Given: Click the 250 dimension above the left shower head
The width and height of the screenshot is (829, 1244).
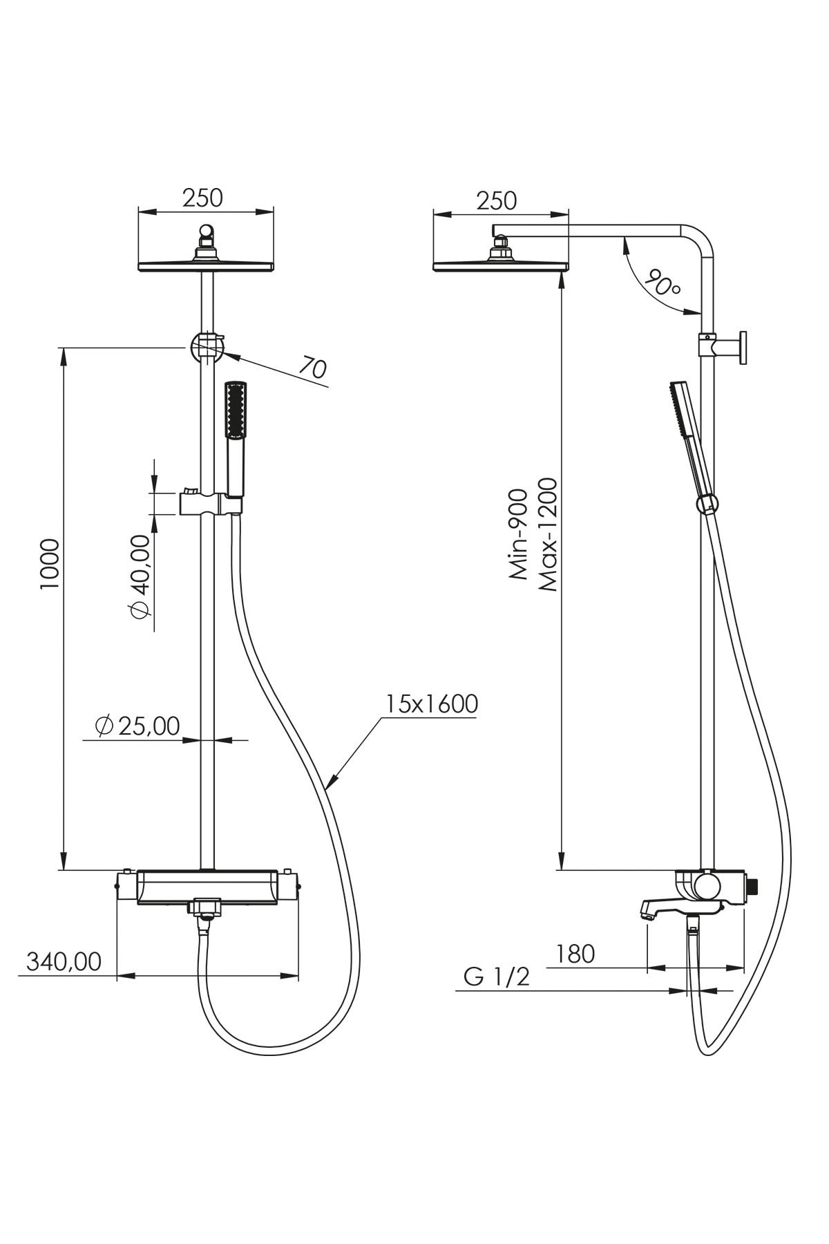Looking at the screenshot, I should pyautogui.click(x=203, y=198).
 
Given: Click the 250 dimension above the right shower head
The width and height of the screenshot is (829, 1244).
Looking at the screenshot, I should pyautogui.click(x=497, y=200).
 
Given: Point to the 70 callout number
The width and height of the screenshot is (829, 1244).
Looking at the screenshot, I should pyautogui.click(x=313, y=368).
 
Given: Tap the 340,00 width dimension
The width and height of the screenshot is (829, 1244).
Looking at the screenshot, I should pyautogui.click(x=64, y=961).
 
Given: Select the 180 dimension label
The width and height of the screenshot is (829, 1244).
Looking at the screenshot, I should pyautogui.click(x=575, y=954).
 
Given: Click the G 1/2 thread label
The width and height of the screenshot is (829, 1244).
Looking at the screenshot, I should pyautogui.click(x=497, y=977).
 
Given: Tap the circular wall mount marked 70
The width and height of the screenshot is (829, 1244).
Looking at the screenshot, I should pyautogui.click(x=206, y=347).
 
